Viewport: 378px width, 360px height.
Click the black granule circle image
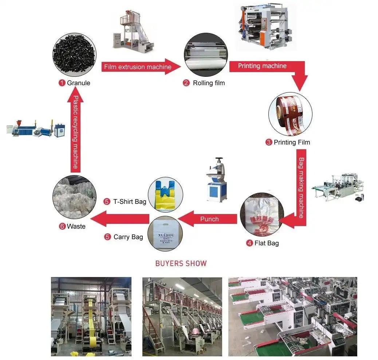74,55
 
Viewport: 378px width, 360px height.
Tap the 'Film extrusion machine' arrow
138,67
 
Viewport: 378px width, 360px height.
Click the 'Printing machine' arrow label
262,66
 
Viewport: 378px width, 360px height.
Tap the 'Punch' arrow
209,219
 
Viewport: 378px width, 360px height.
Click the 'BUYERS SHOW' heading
181,263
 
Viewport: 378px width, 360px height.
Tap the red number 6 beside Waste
62,226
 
